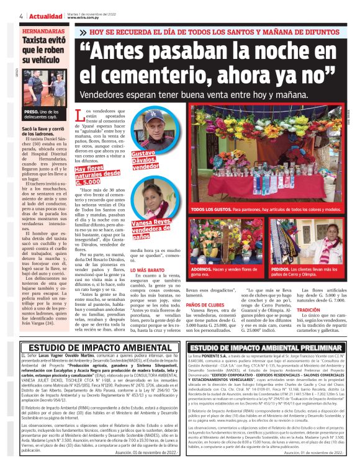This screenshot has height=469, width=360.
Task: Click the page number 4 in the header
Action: [21, 16]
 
